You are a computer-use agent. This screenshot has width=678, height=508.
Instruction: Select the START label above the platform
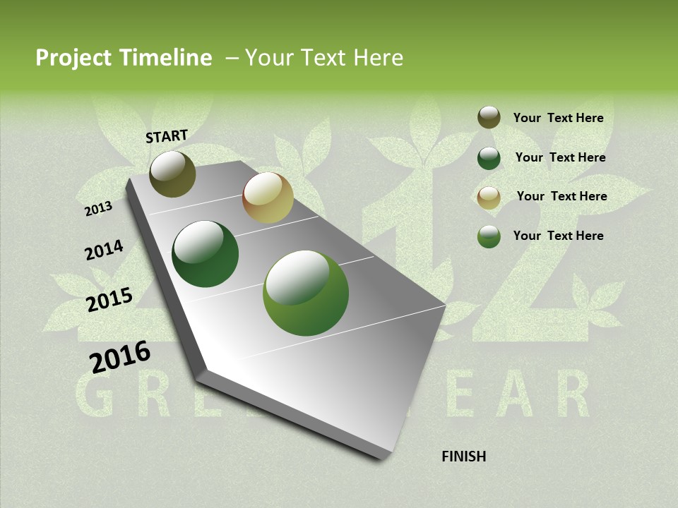167,136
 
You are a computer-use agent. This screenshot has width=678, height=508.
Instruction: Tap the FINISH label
463,456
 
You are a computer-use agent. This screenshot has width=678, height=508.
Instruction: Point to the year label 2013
98,208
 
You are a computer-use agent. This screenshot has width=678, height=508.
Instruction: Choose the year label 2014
104,250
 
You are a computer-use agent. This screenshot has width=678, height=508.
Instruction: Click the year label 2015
109,300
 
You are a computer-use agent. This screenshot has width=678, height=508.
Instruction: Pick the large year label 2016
120,357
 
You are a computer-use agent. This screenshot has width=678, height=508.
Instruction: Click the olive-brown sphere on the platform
172,174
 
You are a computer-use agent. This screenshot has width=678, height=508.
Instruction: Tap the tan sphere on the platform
268,198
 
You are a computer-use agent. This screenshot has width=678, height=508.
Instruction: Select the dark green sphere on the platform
205,254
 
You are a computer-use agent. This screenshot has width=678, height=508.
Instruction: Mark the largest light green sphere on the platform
306,293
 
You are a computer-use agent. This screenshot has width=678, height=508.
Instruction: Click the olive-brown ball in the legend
489,117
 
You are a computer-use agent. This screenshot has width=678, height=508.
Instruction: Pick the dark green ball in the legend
489,158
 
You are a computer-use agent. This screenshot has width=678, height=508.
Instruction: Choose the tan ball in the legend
489,198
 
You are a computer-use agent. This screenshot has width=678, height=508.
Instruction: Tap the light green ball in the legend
489,236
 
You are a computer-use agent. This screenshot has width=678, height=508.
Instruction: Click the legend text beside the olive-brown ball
558,118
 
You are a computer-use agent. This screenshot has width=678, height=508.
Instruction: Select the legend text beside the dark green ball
560,157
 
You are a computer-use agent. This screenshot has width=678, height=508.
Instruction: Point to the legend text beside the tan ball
561,196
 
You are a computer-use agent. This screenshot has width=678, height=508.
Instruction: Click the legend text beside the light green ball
558,236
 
